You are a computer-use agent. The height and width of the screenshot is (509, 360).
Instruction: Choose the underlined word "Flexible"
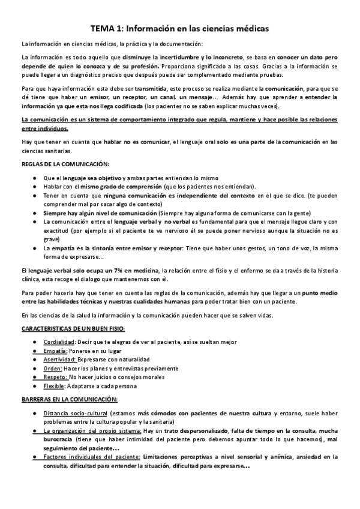55,386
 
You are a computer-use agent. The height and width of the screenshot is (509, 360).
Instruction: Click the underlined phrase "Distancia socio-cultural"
75,414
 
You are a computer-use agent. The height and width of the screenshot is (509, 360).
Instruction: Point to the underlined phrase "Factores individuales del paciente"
92,457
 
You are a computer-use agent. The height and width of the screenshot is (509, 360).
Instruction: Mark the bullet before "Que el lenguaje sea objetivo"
37,178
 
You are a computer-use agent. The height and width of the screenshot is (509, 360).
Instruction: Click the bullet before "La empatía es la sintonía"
37,248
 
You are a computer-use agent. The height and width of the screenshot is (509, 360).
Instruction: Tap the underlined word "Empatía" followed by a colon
55,350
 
